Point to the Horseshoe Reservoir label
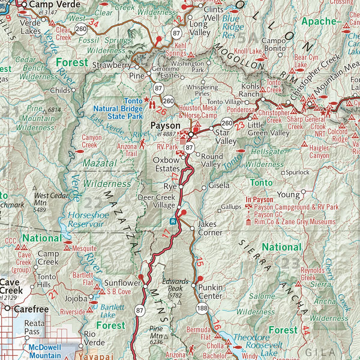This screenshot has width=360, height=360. (86, 218)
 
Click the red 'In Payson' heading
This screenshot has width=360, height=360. (259, 199)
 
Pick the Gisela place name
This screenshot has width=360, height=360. (219, 186)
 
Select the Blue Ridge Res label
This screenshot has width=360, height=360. (233, 27)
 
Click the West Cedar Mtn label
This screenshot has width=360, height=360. (49, 199)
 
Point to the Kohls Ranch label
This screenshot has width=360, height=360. (249, 90)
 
